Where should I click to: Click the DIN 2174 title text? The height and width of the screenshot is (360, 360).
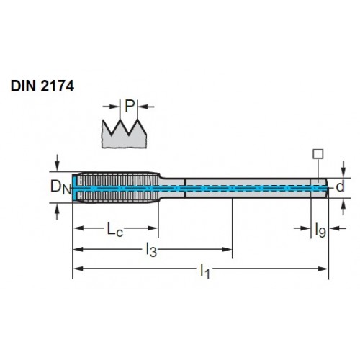coord(42,86)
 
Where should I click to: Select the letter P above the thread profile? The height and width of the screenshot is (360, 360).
coord(129,106)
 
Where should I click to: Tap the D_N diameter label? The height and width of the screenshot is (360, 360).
coord(61,187)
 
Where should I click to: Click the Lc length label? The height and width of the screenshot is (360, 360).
coord(114,230)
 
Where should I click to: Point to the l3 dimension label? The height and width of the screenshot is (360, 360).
coord(151,250)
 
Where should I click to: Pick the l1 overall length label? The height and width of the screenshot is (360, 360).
coord(205,271)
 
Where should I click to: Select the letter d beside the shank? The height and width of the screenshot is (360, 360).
coord(340,186)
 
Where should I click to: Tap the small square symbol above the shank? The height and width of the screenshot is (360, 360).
coord(318,154)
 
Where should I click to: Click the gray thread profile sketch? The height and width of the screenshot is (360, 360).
coord(124,134)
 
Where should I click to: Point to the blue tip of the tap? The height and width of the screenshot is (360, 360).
coord(75,188)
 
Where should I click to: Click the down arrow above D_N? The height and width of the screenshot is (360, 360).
coord(57,163)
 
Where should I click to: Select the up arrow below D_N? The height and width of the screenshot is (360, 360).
coord(57,212)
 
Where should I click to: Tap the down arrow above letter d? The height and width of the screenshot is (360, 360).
coord(343,169)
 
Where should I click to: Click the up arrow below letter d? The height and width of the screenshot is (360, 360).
coord(343,207)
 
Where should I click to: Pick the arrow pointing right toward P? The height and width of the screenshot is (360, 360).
coord(111,107)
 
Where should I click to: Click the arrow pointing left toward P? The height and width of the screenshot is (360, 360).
coord(146,107)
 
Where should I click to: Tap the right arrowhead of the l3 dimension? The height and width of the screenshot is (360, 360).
coord(227,250)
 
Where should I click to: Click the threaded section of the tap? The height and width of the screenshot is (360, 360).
coord(117,188)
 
